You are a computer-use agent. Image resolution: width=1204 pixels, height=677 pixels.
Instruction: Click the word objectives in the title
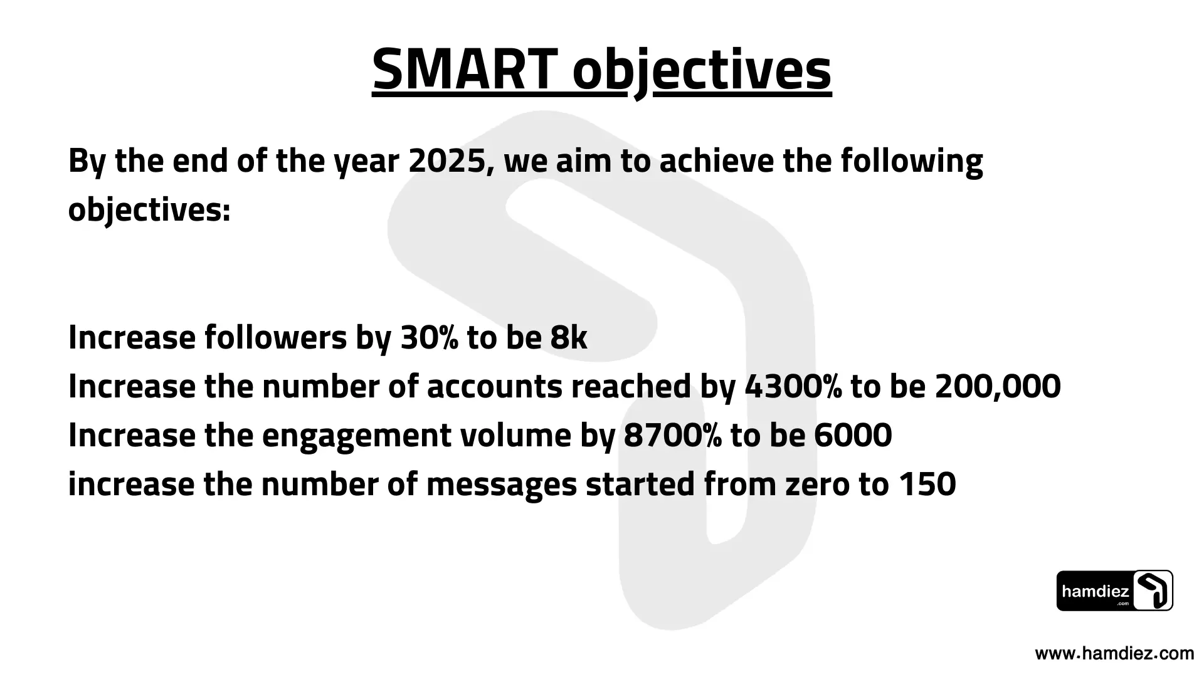(702, 71)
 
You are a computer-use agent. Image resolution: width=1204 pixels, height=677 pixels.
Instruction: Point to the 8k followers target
(569, 338)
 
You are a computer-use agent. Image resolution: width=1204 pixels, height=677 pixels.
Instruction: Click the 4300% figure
(793, 387)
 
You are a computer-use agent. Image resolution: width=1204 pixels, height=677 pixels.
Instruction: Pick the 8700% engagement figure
(673, 436)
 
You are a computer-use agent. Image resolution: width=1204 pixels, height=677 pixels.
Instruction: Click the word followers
(276, 338)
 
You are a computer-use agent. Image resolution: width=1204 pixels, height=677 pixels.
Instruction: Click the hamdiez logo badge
(1115, 590)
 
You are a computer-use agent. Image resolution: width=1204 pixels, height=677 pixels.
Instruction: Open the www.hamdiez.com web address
(1114, 654)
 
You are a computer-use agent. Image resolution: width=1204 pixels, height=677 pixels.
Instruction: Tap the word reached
(630, 387)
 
